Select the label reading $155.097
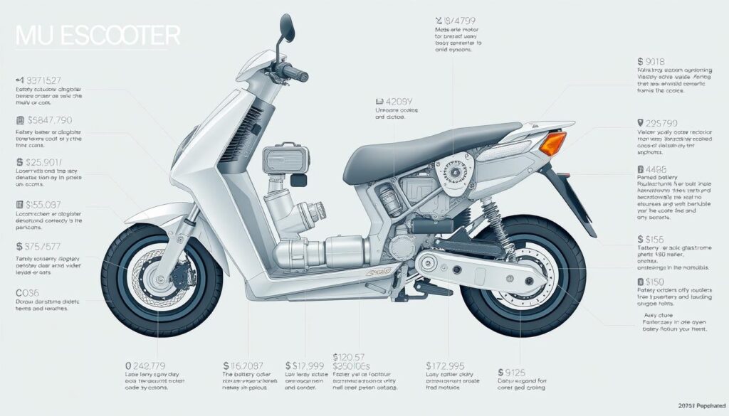[x=45, y=205]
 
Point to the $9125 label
[x=512, y=371]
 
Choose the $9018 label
[x=656, y=63]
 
